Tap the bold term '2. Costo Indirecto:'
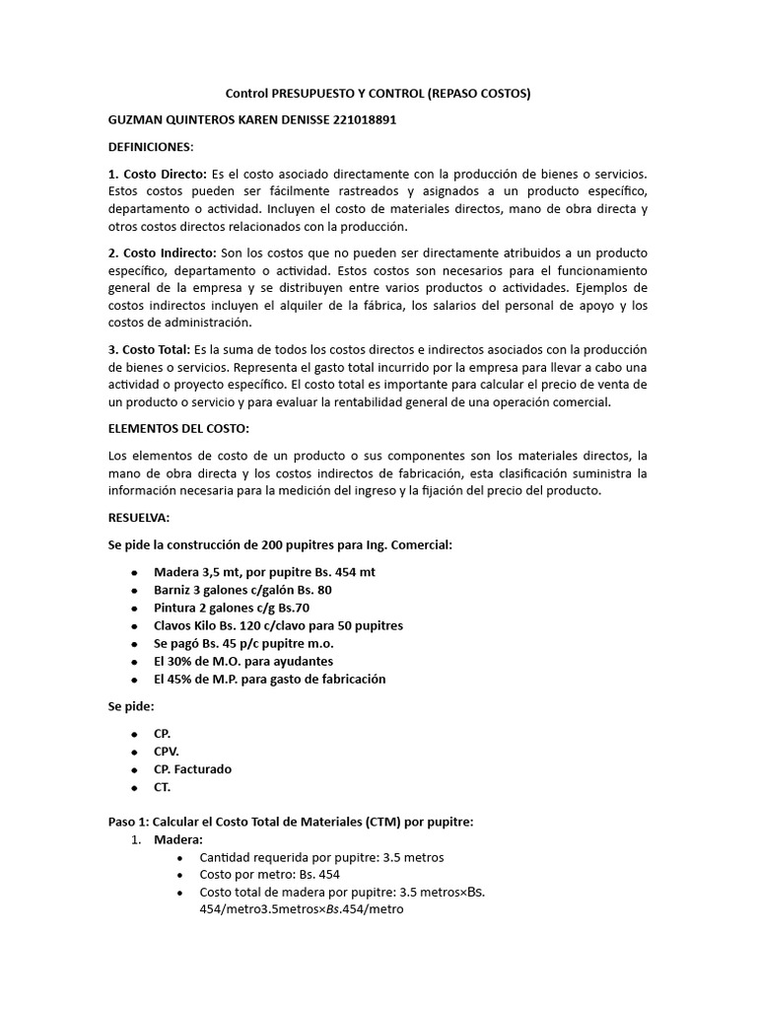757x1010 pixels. (x=163, y=254)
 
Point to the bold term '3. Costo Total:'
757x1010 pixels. (x=149, y=349)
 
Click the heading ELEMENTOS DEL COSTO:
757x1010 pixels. (x=178, y=429)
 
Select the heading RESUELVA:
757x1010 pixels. (x=138, y=518)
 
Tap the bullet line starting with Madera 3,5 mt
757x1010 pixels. (x=264, y=572)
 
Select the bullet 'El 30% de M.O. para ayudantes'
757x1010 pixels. (x=243, y=661)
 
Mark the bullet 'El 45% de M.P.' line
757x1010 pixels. (x=269, y=679)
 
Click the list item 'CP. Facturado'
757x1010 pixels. (x=192, y=768)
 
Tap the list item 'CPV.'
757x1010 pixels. (x=167, y=751)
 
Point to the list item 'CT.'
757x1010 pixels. (x=163, y=786)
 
